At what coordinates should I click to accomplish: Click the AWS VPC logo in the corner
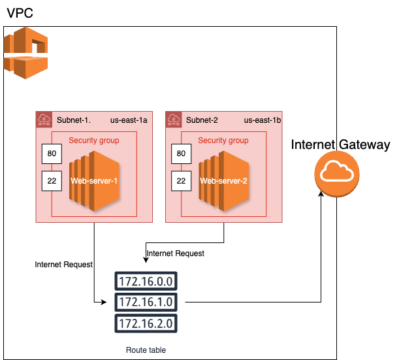[x=26, y=53]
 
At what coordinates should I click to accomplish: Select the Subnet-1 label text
[x=73, y=120]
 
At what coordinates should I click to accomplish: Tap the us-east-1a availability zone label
[x=129, y=120]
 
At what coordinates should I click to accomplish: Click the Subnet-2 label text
[x=202, y=120]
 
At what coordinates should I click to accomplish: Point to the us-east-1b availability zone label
[x=262, y=120]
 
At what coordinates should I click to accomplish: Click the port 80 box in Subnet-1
[x=51, y=154]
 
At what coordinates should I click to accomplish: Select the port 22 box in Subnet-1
[x=51, y=180]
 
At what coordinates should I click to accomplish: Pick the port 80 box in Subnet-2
[x=181, y=154]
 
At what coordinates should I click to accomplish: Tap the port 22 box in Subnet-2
[x=181, y=180]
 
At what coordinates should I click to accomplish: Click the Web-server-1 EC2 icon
[x=94, y=181]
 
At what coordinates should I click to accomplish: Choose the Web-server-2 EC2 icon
[x=223, y=181]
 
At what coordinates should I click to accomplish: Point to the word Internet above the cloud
[x=313, y=144]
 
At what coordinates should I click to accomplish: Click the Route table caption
[x=146, y=350]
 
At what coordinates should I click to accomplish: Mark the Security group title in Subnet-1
[x=94, y=140]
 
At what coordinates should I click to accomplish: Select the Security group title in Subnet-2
[x=223, y=140]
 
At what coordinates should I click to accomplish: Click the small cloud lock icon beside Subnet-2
[x=174, y=120]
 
